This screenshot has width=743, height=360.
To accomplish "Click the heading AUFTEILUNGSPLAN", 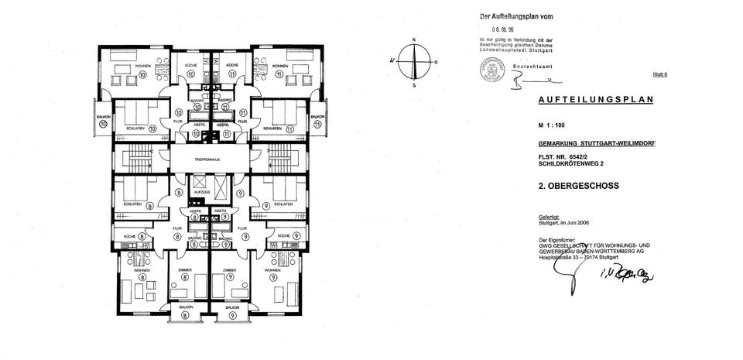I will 596,100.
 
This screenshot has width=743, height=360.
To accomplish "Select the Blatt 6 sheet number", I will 660,74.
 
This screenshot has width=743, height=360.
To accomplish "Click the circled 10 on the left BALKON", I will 103,124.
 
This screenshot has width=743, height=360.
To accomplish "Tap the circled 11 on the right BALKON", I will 317,124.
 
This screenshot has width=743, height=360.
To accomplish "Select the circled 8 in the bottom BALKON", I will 187,315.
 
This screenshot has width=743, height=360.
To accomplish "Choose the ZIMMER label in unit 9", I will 229,270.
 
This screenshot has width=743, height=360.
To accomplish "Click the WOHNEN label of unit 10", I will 143,67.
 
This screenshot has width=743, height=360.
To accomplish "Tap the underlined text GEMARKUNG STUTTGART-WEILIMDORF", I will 596,145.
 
